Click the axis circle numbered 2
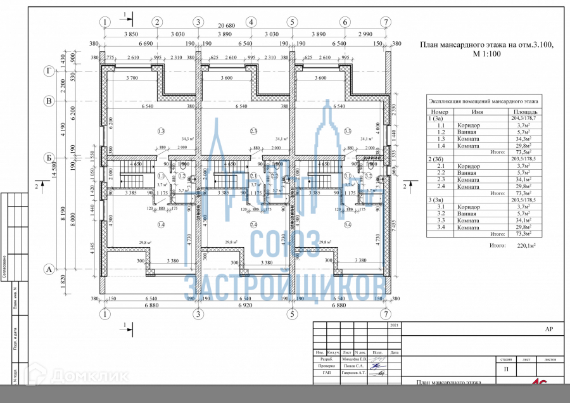[x=156, y=22]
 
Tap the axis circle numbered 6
[x=345, y=22]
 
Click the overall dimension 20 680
[x=244, y=26]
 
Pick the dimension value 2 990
[x=365, y=34]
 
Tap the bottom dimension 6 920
[x=244, y=306]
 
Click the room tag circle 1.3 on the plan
[x=161, y=131]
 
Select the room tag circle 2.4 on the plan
[x=253, y=225]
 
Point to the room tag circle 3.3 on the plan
[x=347, y=131]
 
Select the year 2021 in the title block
[x=395, y=325]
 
